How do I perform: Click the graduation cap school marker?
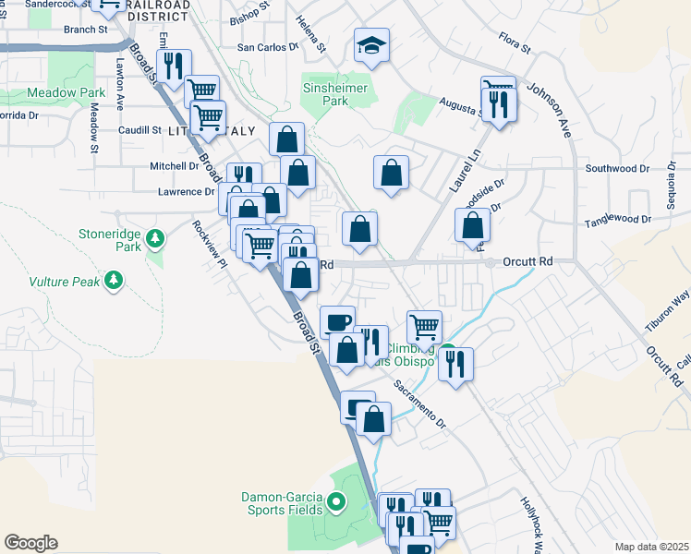(x=371, y=46)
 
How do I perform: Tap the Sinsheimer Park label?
(x=335, y=94)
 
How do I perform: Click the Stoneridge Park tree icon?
(x=156, y=238)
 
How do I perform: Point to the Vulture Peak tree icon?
(x=114, y=279)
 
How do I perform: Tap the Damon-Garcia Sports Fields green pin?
(x=335, y=503)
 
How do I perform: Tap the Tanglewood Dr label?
(x=618, y=222)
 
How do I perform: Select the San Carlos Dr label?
(x=269, y=46)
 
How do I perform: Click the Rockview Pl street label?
(x=210, y=243)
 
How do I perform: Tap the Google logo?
(x=30, y=543)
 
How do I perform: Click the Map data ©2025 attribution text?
(x=650, y=547)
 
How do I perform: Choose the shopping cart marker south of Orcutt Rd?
(x=424, y=326)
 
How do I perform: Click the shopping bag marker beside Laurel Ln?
(x=472, y=224)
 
